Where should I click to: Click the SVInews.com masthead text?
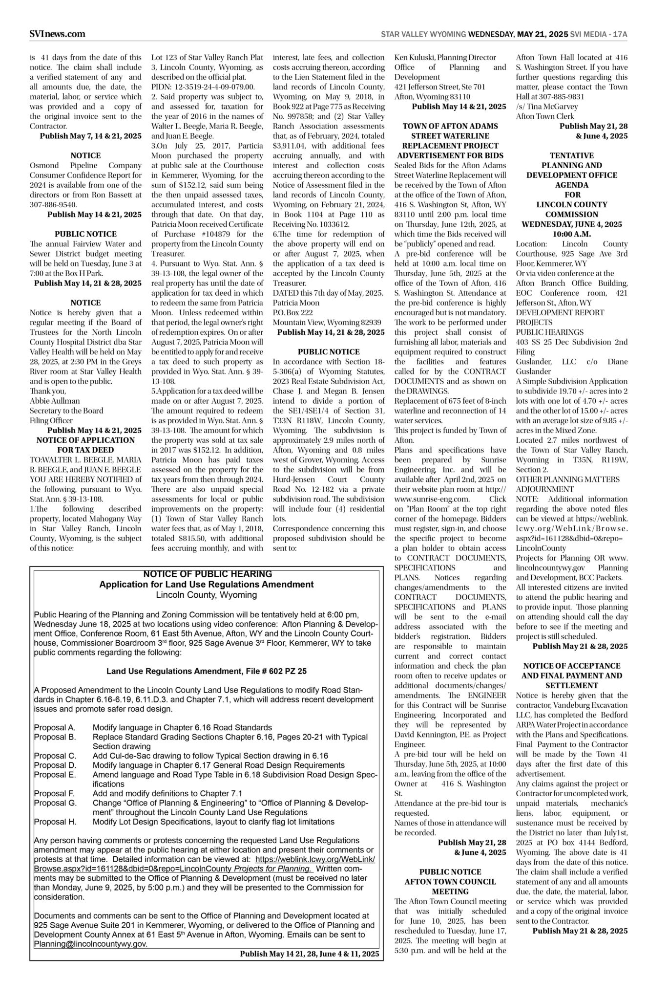click(x=58, y=34)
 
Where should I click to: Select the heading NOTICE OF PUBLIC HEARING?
click(x=208, y=574)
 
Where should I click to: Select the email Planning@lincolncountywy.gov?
click(x=90, y=944)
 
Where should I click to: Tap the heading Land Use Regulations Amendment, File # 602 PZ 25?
click(x=207, y=671)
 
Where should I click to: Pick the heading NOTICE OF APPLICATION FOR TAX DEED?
click(x=85, y=445)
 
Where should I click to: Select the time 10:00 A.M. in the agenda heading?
click(x=572, y=234)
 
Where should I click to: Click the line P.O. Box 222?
click(x=292, y=312)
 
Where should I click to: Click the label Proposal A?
click(x=55, y=727)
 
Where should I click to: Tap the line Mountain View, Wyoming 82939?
click(x=327, y=322)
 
